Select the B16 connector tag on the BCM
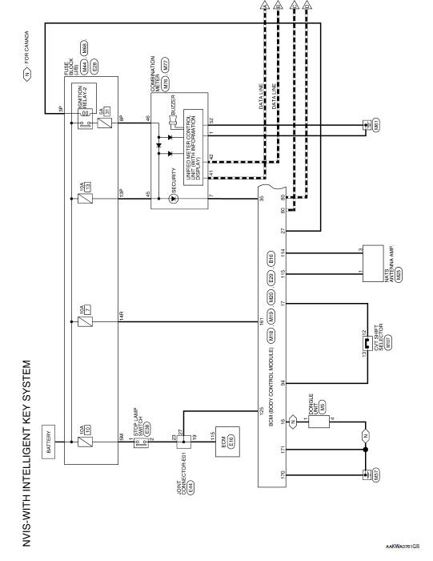click(271, 260)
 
